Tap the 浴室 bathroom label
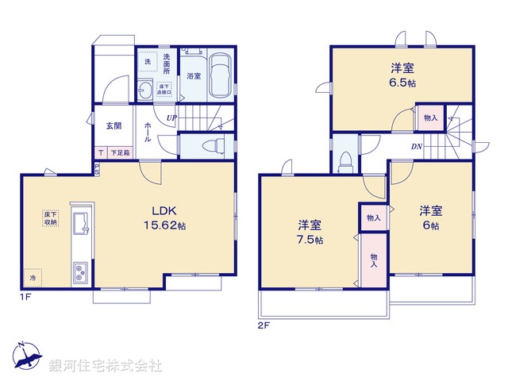coord(194,76)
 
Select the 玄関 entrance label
coord(114,125)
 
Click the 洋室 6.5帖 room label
coord(402,74)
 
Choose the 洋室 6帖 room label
coord(431,217)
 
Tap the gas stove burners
coord(81,275)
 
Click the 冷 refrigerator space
coord(33,279)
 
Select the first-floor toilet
coord(210,146)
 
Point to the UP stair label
coord(171,119)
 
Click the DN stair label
coord(416,146)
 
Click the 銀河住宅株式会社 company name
coord(106,366)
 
